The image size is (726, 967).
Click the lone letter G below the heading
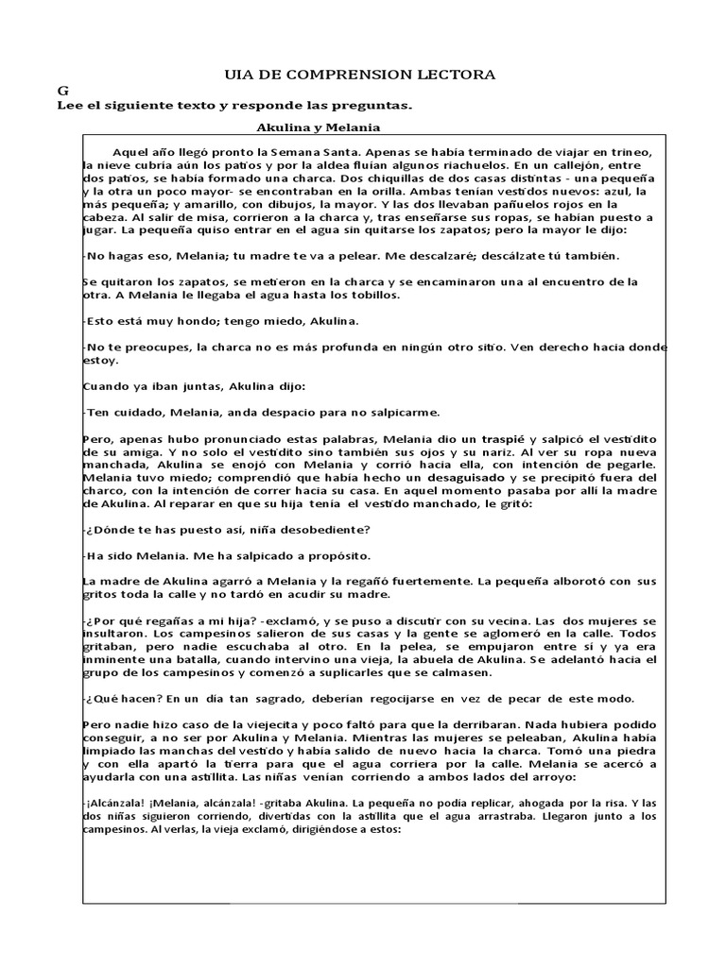(x=63, y=91)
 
